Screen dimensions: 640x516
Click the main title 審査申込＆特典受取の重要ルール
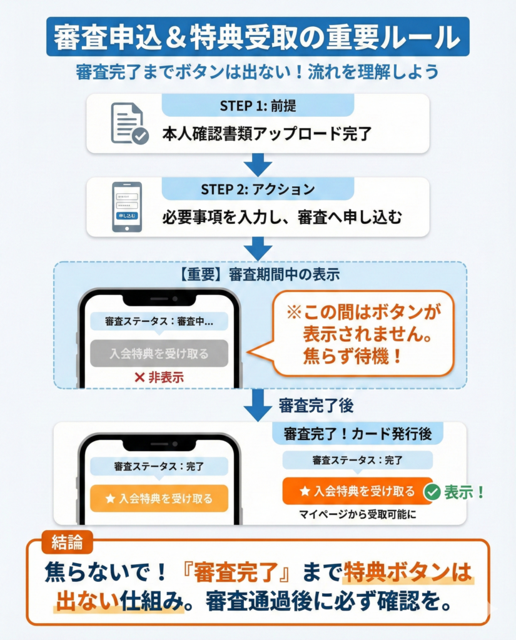257,37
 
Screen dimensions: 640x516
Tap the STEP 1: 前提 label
257,105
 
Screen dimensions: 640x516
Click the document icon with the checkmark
129,124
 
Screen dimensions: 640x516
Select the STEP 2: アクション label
258,189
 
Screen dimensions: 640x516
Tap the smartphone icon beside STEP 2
126,207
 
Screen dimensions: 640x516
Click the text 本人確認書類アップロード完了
267,134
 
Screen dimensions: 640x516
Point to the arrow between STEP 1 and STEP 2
257,164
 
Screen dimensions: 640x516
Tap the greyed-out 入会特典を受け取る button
159,353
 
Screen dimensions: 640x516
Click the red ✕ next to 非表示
139,377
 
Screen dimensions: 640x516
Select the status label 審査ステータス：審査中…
159,321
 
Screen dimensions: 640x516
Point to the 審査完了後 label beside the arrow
316,406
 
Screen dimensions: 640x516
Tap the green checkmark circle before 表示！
432,492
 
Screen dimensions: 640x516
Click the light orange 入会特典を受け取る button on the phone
159,498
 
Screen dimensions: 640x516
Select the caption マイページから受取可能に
357,516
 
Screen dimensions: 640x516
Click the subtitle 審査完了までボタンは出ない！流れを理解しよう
257,71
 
